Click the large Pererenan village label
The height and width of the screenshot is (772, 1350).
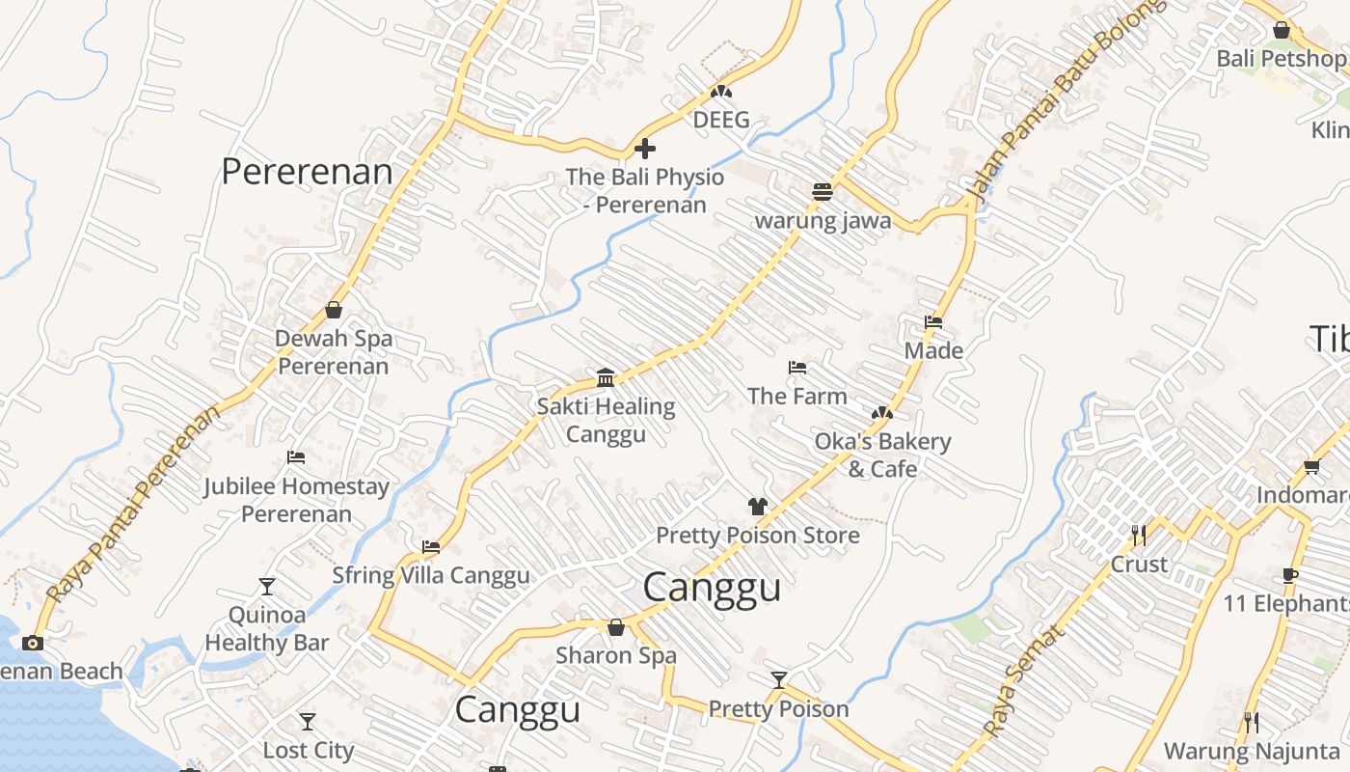pos(307,172)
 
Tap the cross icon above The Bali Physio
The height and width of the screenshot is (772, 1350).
pos(645,149)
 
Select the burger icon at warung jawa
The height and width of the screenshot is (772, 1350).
pos(822,192)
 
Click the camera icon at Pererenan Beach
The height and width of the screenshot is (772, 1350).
pos(33,643)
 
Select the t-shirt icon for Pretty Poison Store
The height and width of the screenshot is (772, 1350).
pos(757,507)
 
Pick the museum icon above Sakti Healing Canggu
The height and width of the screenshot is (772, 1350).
pos(606,377)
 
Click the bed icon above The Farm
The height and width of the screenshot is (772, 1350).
pos(796,368)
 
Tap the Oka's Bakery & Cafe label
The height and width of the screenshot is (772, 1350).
pos(882,455)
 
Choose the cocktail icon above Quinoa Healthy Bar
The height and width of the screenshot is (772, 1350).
pos(266,586)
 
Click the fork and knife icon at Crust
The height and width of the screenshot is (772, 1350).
pos(1139,535)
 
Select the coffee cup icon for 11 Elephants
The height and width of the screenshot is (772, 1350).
pos(1289,576)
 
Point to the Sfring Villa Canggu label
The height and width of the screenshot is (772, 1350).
pos(431,576)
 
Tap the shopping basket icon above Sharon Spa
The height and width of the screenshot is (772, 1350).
pos(616,627)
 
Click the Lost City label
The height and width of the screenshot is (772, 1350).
pos(309,750)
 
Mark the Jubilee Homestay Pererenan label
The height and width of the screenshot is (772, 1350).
pos(296,500)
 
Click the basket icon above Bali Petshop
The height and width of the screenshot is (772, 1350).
pos(1281,30)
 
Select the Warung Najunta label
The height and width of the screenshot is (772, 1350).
pos(1252,751)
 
